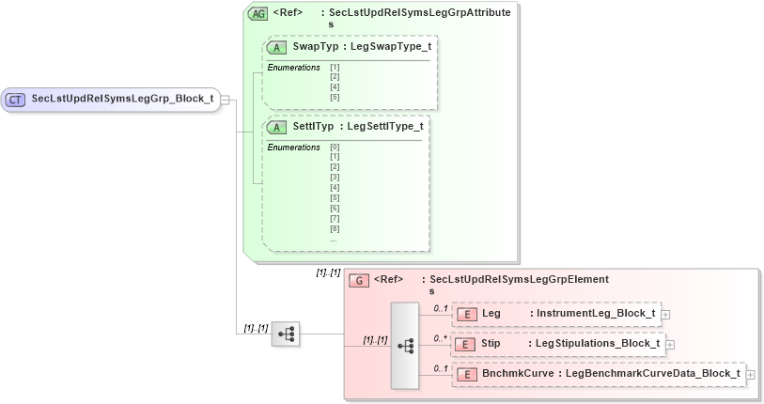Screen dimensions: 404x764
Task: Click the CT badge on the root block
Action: coord(16,98)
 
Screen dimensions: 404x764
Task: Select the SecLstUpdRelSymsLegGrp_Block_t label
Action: coord(122,98)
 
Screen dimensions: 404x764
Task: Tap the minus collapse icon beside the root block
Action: coord(226,98)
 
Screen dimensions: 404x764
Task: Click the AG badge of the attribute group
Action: coord(257,14)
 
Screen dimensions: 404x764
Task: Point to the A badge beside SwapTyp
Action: coord(276,47)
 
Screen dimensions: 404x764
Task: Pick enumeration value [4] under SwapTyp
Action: coord(335,86)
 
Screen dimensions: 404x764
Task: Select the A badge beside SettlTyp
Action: coord(276,126)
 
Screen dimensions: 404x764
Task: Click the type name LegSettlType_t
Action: coord(384,126)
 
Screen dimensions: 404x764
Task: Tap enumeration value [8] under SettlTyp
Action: coord(335,228)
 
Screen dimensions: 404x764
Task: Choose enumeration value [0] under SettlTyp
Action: coord(335,147)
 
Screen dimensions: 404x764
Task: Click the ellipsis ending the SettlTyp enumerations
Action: coord(334,239)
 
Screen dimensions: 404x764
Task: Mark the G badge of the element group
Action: coord(358,280)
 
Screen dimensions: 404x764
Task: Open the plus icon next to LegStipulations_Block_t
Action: coord(670,345)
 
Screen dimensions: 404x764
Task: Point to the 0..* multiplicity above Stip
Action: coord(440,338)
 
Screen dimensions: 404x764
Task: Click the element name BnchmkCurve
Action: coord(517,374)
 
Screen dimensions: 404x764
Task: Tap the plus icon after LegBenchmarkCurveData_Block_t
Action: coord(750,375)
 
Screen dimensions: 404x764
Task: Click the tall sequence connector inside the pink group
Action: coord(405,345)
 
